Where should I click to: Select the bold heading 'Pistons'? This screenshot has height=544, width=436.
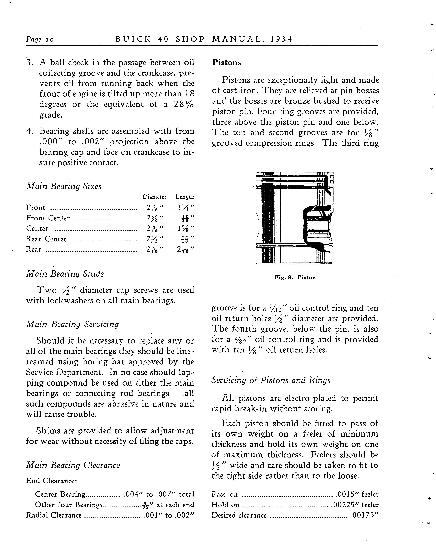click(x=226, y=63)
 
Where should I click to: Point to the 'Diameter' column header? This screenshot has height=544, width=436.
click(x=155, y=197)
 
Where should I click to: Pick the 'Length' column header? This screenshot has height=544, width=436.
click(x=185, y=197)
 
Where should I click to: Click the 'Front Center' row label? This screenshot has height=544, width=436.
click(x=48, y=218)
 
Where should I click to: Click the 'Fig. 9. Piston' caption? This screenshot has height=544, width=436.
click(x=295, y=278)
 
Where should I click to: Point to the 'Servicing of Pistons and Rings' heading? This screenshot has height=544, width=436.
click(x=271, y=380)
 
